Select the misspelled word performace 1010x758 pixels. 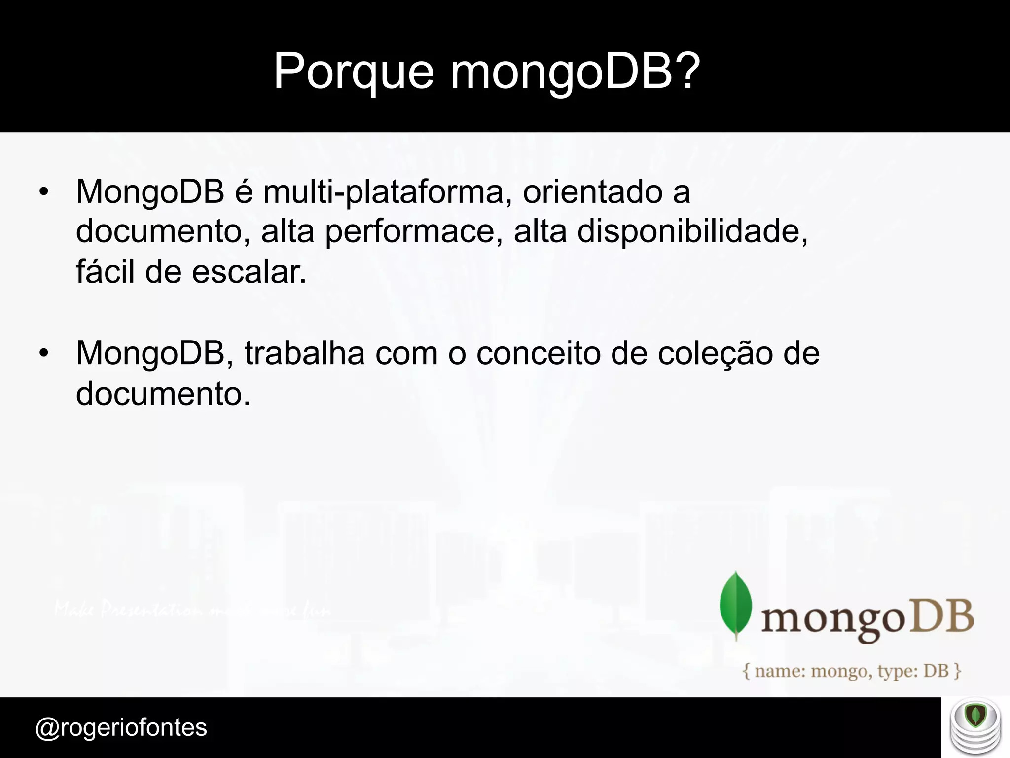pos(410,231)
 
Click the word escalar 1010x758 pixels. pos(249,272)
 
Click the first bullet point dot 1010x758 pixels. pos(44,193)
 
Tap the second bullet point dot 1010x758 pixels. pos(44,355)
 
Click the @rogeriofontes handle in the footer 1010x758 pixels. pos(121,727)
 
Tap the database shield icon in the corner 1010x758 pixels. pos(975,727)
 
